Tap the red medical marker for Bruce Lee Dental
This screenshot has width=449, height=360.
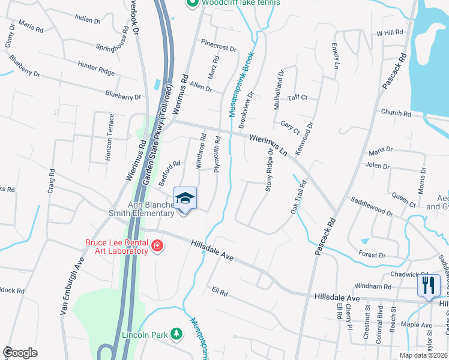pos(157,245)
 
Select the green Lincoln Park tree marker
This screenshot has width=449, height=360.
pos(176,333)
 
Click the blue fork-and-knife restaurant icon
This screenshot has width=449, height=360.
pos(429,284)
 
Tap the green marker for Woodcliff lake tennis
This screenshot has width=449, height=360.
pos(192,3)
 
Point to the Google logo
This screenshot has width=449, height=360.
pos(20,353)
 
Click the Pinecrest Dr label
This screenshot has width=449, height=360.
pos(219,45)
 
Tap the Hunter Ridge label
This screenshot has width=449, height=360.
pos(95,68)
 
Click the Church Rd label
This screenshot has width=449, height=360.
pos(395,112)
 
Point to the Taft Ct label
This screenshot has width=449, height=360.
pos(297,97)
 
